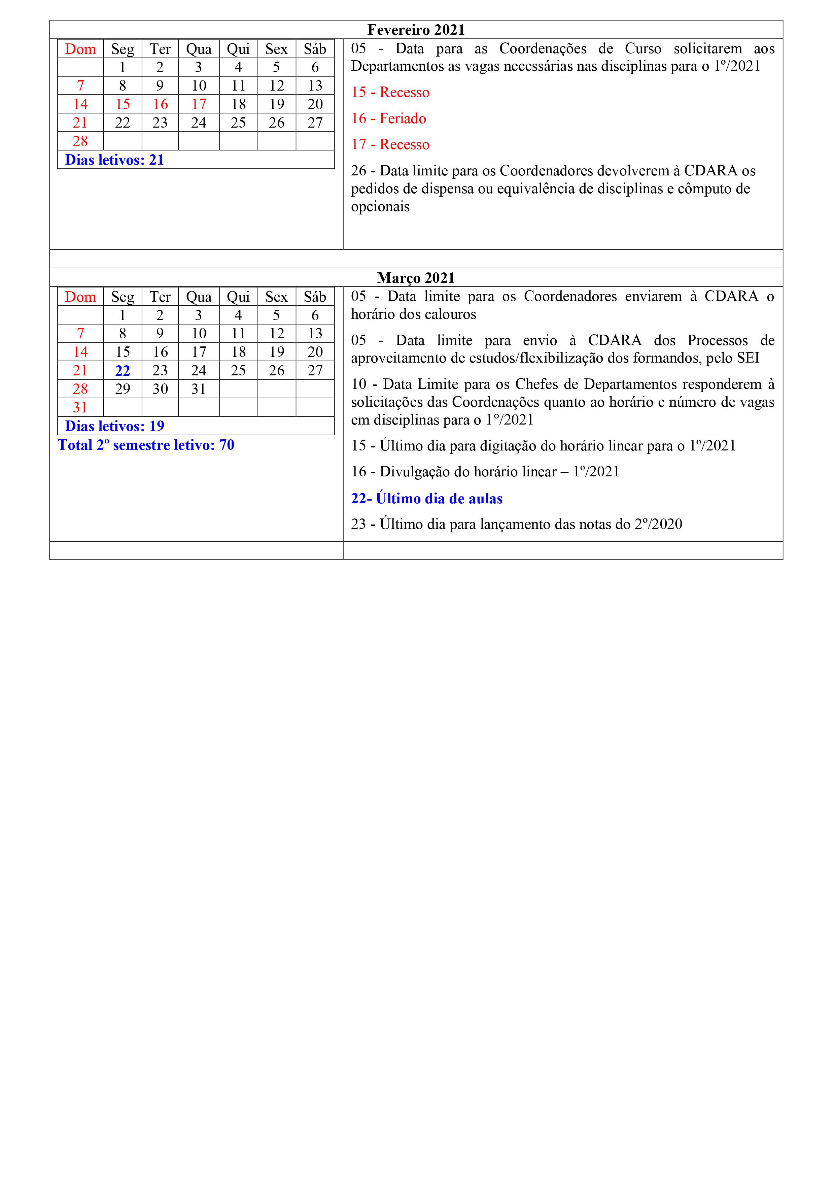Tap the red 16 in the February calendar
click(160, 104)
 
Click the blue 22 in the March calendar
click(123, 371)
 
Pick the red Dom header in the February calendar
click(80, 49)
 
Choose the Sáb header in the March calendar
click(315, 297)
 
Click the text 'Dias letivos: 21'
click(114, 160)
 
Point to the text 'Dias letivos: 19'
click(114, 426)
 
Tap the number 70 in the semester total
click(227, 445)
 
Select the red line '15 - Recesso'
click(390, 93)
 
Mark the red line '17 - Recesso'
click(390, 144)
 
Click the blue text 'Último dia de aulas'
click(439, 499)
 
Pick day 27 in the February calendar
click(315, 123)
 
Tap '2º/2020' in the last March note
click(658, 524)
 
